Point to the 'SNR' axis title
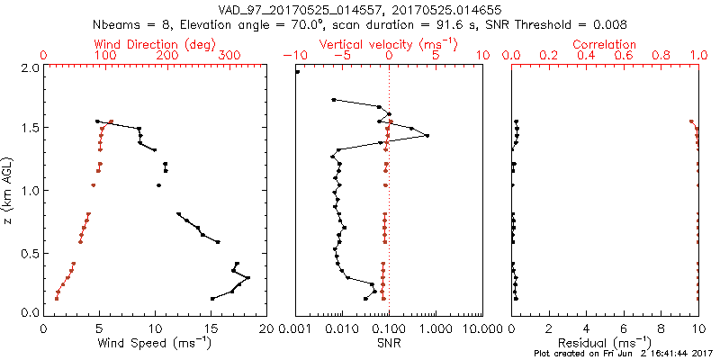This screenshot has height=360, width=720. coord(389,343)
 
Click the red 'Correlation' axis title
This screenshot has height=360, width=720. coord(605,44)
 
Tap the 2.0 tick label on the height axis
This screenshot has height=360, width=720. coord(29,67)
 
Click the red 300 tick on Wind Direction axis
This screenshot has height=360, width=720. coord(229,56)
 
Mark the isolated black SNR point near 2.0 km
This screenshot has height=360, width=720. coord(298,72)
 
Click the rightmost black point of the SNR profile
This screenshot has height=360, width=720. coord(427,136)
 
